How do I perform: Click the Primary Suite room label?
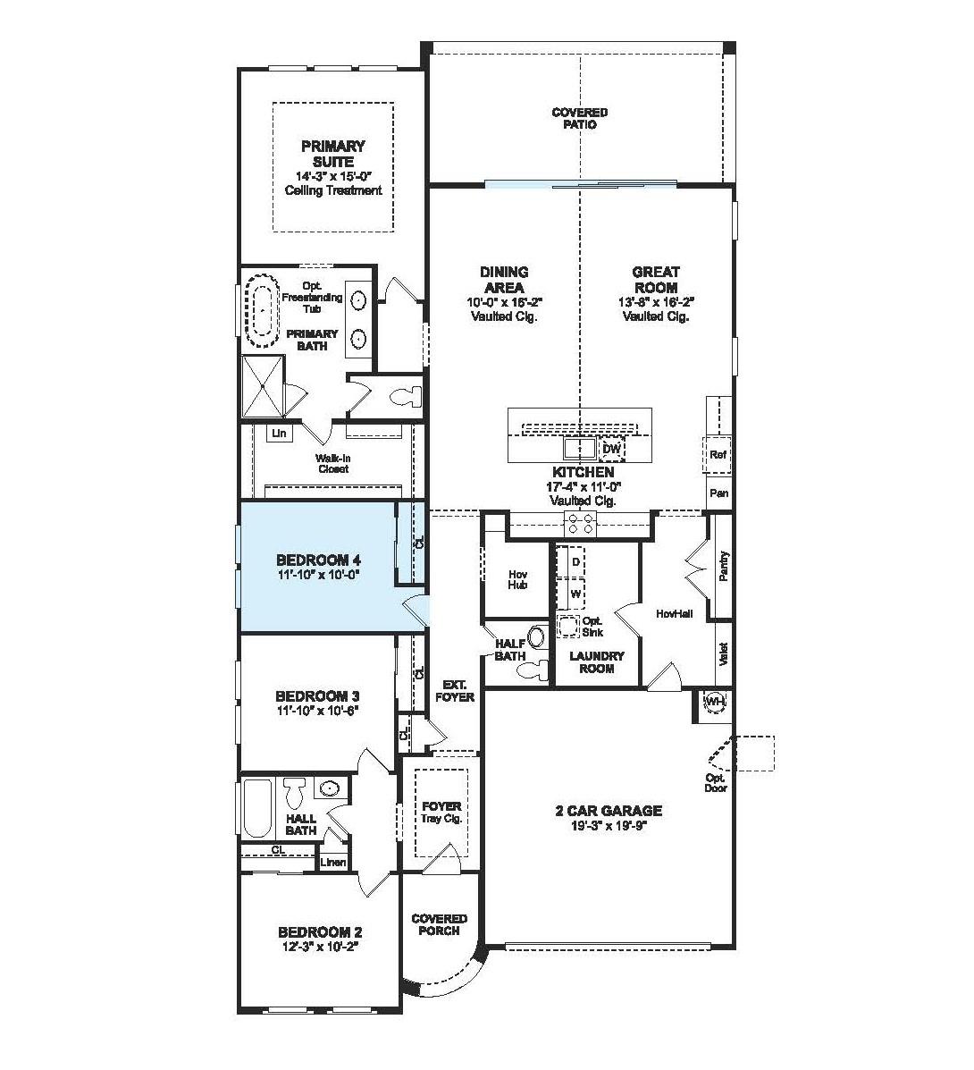332,154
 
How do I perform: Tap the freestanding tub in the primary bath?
262,311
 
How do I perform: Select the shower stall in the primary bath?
263,386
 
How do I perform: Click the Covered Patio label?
579,118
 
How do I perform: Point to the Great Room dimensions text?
656,302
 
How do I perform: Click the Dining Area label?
504,279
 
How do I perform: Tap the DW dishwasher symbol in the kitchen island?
611,449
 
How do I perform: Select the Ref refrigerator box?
718,454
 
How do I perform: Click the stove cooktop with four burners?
579,524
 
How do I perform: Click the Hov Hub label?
517,579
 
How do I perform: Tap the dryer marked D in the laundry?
575,561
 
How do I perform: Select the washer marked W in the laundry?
575,593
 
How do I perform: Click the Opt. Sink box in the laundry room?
569,626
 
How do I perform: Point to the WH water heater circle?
715,703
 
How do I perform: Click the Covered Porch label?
439,924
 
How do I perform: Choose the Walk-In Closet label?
332,463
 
